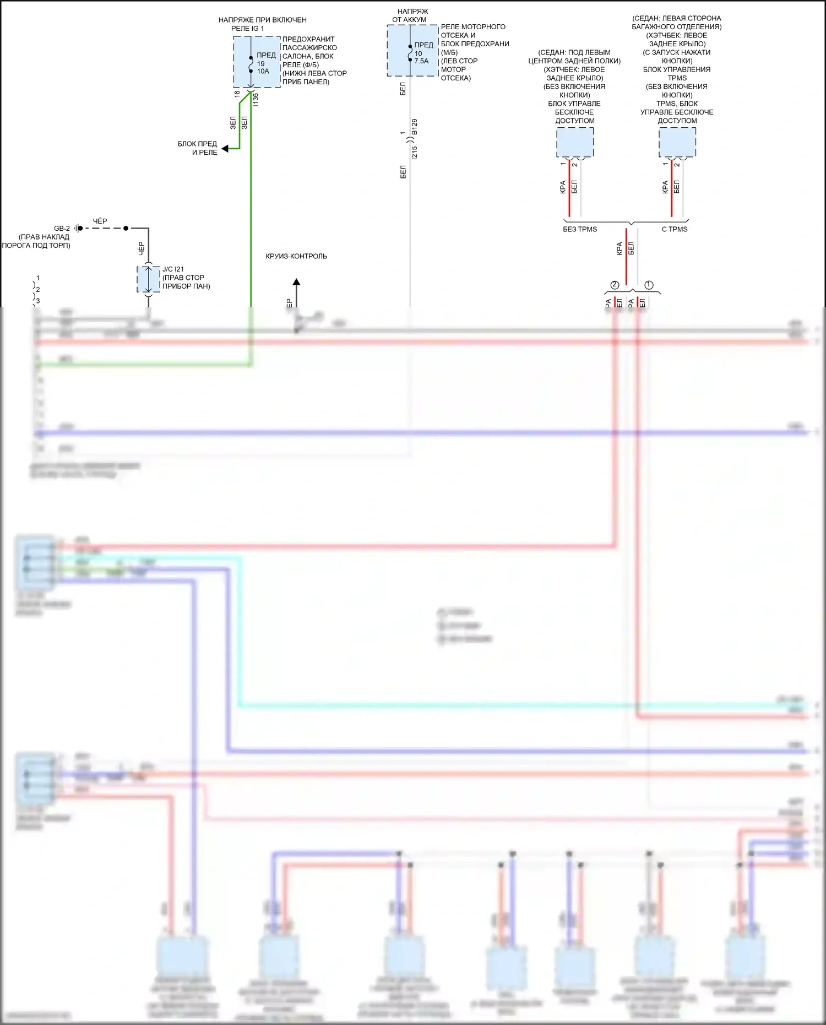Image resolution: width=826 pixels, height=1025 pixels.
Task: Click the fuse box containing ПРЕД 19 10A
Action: point(257,62)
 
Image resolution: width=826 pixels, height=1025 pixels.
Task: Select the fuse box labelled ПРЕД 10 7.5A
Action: point(412,51)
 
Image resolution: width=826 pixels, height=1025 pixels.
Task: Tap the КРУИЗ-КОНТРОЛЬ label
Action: point(296,256)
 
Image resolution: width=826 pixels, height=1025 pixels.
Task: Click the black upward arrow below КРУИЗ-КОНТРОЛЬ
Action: point(296,283)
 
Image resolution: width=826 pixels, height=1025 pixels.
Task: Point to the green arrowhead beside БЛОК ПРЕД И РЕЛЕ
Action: point(225,148)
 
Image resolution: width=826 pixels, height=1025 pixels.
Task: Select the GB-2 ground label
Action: point(62,228)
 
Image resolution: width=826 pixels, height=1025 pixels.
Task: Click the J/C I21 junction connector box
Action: point(148,280)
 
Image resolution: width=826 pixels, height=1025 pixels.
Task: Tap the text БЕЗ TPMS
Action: point(579,229)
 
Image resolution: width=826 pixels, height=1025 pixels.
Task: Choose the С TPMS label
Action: point(674,229)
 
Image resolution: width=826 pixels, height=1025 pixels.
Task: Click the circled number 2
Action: point(615,285)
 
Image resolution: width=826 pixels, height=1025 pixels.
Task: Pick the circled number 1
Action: point(649,285)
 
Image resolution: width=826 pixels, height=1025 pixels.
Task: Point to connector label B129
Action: point(415,127)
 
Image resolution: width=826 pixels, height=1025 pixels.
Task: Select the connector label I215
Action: point(415,153)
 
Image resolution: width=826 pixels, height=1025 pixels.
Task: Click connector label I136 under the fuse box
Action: point(256,100)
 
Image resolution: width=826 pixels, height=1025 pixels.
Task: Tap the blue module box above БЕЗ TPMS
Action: point(575,142)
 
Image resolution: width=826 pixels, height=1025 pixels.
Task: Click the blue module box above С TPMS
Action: point(677,142)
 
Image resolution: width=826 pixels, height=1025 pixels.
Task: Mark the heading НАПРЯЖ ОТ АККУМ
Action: point(409,15)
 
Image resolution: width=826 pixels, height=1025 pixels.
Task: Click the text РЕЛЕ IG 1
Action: point(247,28)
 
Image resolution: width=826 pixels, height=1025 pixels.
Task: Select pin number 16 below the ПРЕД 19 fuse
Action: point(237,94)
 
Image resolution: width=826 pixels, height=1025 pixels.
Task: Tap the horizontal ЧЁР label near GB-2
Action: point(100,221)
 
